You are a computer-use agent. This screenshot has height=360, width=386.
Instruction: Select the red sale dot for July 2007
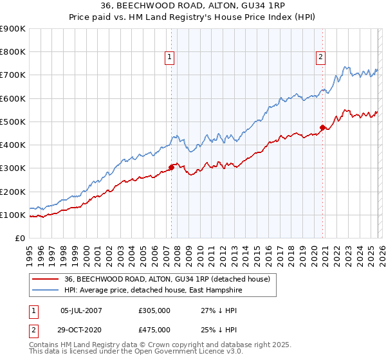click(171, 167)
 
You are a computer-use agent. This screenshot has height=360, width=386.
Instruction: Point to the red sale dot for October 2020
click(323, 127)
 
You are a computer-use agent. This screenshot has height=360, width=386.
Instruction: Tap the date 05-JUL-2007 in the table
click(81, 310)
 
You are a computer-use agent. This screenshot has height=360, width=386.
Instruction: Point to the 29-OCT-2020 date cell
click(81, 330)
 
